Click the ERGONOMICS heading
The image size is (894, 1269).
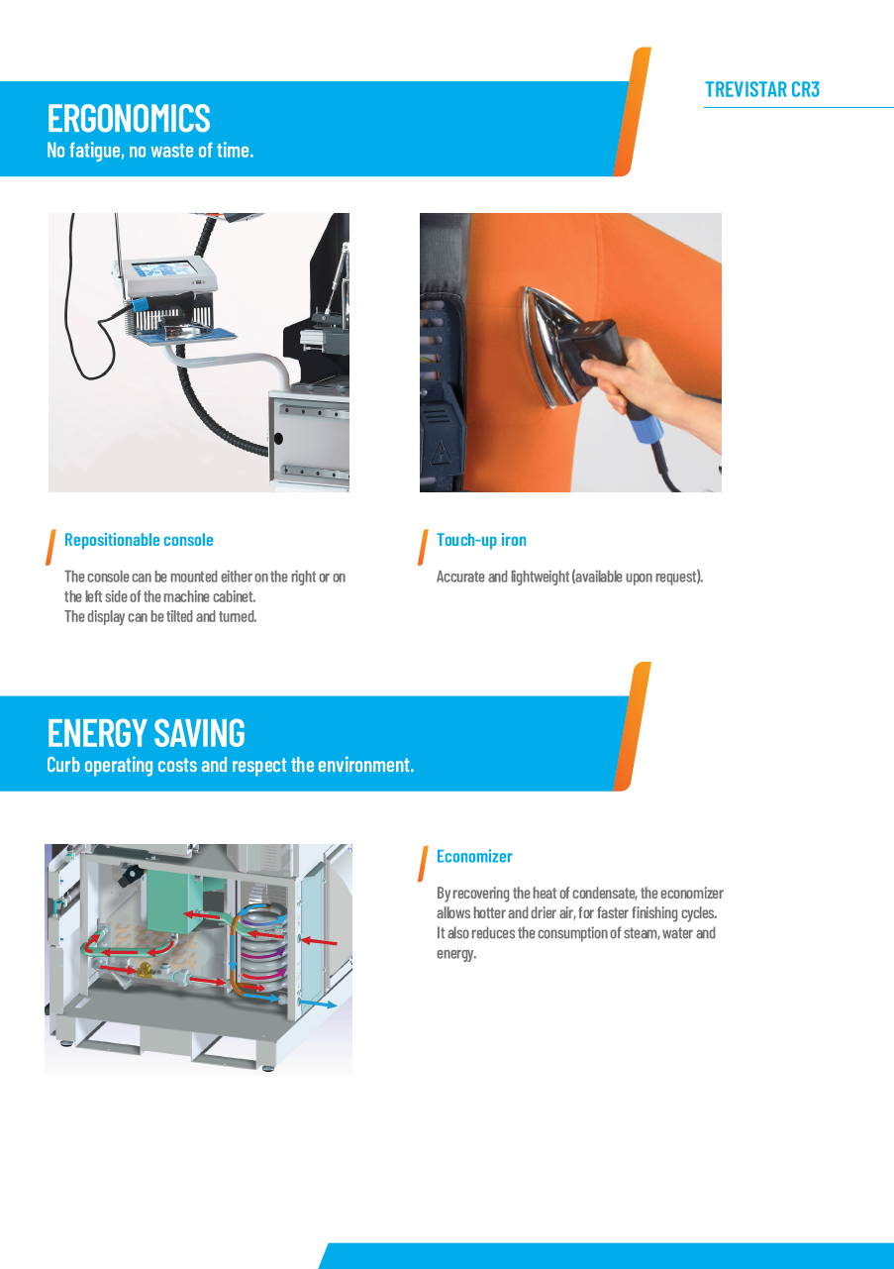pyautogui.click(x=129, y=118)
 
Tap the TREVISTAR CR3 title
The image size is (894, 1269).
pyautogui.click(x=762, y=89)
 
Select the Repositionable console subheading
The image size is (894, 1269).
pyautogui.click(x=139, y=540)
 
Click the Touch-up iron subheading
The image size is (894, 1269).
pyautogui.click(x=481, y=540)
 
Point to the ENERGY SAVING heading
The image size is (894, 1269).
pyautogui.click(x=147, y=733)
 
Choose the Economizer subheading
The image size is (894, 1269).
pyautogui.click(x=474, y=856)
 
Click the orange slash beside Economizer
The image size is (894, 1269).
pyautogui.click(x=423, y=863)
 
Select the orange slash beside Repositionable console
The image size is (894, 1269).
pyautogui.click(x=50, y=547)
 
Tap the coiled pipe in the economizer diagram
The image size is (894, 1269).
pyautogui.click(x=264, y=946)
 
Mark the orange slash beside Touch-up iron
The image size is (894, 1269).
pyautogui.click(x=423, y=547)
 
